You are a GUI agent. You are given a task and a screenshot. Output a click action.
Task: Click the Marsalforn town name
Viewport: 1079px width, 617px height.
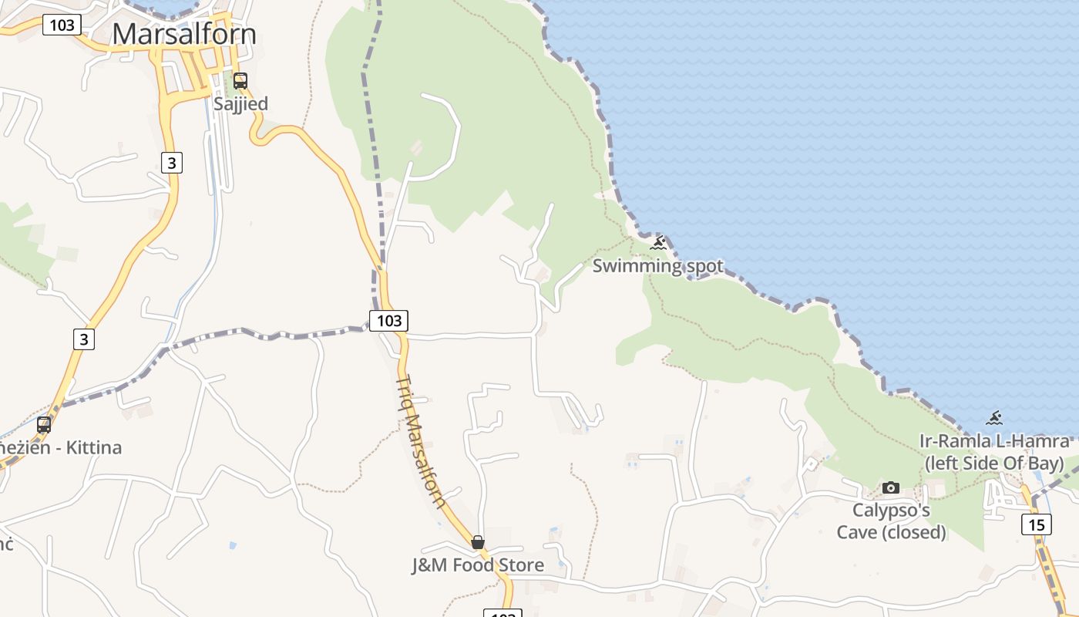click(x=184, y=35)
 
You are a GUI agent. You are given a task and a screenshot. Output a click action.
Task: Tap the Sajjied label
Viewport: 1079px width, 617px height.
click(x=240, y=104)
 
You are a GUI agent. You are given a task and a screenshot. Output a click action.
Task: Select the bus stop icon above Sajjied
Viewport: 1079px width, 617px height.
click(x=240, y=80)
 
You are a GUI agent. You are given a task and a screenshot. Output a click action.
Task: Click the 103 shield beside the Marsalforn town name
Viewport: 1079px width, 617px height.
click(x=61, y=25)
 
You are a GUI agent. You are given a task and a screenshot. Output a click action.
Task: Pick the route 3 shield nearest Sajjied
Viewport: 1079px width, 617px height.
click(x=172, y=162)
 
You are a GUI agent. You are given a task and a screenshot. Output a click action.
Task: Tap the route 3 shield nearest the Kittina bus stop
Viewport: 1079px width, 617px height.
click(x=84, y=339)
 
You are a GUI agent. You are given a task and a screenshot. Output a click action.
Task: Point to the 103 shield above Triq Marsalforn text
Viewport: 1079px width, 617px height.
click(x=388, y=320)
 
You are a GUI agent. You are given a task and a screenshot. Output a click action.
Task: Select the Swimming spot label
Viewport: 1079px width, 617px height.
click(x=657, y=266)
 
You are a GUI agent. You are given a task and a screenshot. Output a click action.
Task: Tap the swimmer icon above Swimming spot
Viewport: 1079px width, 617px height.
click(x=657, y=244)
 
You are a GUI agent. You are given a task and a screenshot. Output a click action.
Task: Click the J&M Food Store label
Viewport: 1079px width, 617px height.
click(x=478, y=565)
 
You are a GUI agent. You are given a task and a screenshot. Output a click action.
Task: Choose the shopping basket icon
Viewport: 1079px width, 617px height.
click(x=478, y=542)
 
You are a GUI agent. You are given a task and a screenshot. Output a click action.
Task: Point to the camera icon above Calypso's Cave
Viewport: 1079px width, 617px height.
click(x=891, y=487)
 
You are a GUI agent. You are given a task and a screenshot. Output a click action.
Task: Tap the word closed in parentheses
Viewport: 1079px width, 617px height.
click(x=913, y=532)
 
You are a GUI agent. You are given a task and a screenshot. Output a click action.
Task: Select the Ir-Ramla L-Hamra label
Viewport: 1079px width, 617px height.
click(x=994, y=441)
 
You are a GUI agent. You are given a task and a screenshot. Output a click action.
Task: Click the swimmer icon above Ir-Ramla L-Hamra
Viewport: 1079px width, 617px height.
click(x=994, y=419)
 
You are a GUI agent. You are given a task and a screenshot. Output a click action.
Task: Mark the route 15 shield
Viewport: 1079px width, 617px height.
click(x=1037, y=524)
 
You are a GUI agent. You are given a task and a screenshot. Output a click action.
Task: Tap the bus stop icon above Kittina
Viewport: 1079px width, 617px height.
click(x=44, y=424)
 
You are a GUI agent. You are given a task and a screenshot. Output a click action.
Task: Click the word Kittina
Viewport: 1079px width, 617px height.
click(x=92, y=447)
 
